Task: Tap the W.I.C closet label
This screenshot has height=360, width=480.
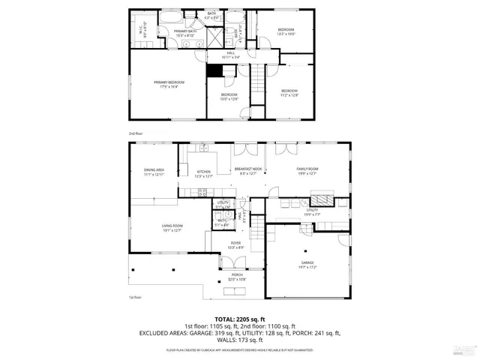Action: (x=146, y=31)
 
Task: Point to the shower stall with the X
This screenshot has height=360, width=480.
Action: (x=214, y=35)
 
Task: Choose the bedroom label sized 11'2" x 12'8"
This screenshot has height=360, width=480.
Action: (x=289, y=92)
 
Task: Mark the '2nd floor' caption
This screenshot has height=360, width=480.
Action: (x=135, y=133)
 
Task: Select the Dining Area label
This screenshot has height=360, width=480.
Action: (x=154, y=172)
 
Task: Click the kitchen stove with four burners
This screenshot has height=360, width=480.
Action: (x=201, y=192)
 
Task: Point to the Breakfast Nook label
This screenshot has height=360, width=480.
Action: (x=247, y=171)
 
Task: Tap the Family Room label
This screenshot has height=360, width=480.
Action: (x=307, y=171)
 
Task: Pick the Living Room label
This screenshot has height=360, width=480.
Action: (x=172, y=228)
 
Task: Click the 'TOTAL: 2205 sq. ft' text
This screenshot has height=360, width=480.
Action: (x=239, y=319)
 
